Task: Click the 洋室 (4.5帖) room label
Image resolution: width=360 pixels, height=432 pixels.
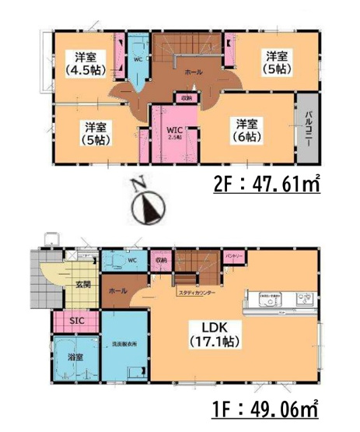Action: (86, 62)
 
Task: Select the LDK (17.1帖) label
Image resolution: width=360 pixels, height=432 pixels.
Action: (215, 334)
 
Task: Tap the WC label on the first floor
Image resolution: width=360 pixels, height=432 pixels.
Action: (131, 262)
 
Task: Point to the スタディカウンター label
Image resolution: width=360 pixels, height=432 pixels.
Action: (197, 293)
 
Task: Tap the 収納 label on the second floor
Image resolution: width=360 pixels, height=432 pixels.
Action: (186, 99)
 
